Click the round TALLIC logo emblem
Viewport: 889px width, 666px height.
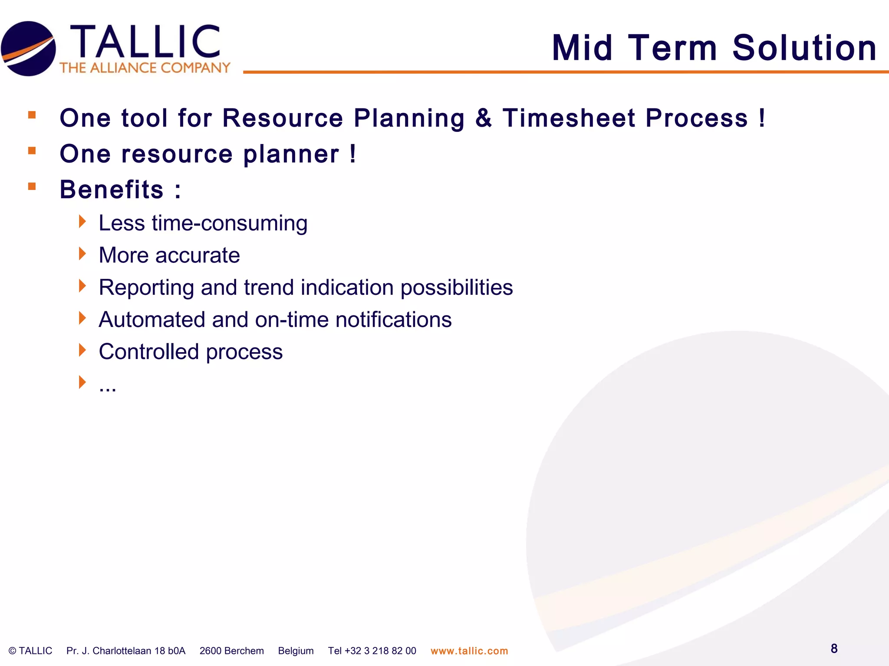click(29, 49)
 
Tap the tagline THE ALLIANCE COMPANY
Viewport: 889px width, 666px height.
click(145, 68)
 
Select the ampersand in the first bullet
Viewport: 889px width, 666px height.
click(484, 118)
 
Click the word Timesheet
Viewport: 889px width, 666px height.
click(569, 118)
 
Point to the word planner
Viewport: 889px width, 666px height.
click(291, 154)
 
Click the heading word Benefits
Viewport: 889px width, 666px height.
click(112, 190)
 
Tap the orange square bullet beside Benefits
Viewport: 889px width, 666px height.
click(32, 186)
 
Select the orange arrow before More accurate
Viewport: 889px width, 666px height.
click(82, 254)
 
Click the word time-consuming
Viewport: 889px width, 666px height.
click(230, 224)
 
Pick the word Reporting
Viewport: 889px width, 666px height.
click(146, 287)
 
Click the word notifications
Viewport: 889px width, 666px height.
click(393, 320)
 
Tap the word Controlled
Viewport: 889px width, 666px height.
click(148, 352)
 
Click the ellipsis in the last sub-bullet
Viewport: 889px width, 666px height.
click(107, 387)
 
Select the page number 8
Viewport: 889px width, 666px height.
click(834, 649)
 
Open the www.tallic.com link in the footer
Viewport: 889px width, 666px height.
click(469, 651)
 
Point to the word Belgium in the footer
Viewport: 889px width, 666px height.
click(296, 651)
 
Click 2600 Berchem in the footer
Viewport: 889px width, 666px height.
click(231, 651)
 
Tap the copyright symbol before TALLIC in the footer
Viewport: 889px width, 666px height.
click(13, 651)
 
